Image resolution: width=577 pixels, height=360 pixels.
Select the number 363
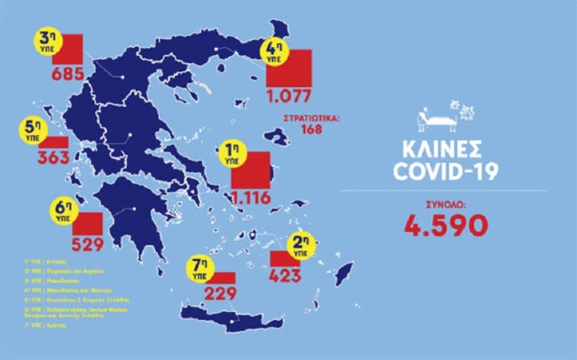coord(53,156)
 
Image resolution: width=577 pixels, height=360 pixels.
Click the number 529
coord(87,244)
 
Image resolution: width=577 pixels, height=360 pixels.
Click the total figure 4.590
coord(447,225)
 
